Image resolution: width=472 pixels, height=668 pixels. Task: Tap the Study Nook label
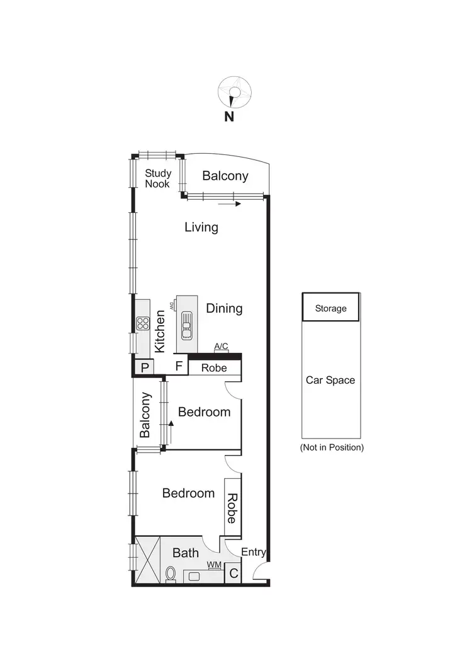click(158, 178)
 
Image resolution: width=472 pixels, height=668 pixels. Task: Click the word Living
click(201, 227)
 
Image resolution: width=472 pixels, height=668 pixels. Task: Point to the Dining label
click(224, 308)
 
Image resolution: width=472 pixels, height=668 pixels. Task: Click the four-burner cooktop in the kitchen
click(142, 324)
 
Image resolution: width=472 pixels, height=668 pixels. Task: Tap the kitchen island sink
click(187, 325)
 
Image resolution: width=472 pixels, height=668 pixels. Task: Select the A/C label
click(221, 347)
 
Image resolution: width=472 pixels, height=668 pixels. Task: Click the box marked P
click(144, 367)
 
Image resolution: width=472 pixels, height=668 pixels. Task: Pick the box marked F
click(178, 366)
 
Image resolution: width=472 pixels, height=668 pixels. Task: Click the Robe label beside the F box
click(214, 367)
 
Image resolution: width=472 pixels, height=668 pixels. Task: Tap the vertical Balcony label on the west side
click(145, 415)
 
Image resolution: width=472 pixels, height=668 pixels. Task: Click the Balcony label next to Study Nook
click(225, 176)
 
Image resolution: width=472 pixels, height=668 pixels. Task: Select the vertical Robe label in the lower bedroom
click(231, 509)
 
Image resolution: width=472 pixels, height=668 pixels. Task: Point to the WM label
click(215, 565)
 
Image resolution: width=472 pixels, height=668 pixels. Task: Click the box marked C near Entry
click(233, 573)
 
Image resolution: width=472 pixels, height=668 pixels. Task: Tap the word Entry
click(254, 553)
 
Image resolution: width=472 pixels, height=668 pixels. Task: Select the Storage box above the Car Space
click(331, 308)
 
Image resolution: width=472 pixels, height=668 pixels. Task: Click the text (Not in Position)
click(332, 447)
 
